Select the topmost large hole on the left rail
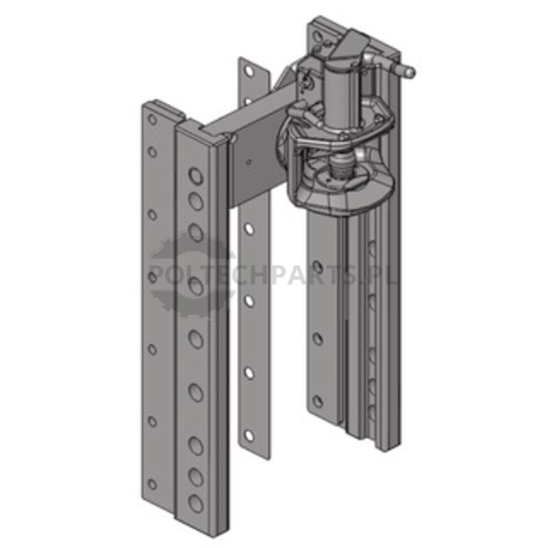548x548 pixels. (196, 175)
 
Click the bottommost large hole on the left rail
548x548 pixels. (196, 503)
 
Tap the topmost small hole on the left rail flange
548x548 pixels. (152, 119)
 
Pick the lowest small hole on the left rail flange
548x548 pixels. (152, 484)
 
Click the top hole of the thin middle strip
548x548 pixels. (249, 71)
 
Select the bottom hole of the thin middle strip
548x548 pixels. (249, 436)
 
